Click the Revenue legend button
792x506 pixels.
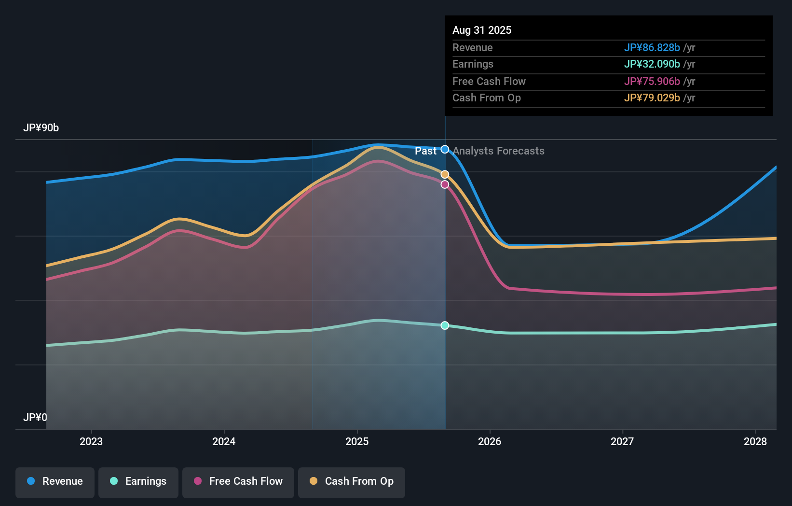click(x=55, y=481)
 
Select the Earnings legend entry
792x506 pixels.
click(x=138, y=481)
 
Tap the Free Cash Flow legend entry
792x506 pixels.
click(x=238, y=481)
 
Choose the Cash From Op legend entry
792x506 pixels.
click(x=352, y=481)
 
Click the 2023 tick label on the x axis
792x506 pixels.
click(x=91, y=441)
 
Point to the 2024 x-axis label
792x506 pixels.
click(x=224, y=441)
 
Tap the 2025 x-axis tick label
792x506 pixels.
click(x=357, y=441)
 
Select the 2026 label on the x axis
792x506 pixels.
click(x=490, y=441)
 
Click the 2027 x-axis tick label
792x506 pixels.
click(x=622, y=441)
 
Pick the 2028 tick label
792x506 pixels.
click(x=755, y=441)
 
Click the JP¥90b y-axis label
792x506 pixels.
click(x=41, y=128)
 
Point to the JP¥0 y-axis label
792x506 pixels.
click(x=35, y=417)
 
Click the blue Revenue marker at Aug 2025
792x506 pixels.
click(x=445, y=150)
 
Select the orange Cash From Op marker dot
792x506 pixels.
click(x=445, y=174)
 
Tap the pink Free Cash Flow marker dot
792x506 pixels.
click(x=445, y=184)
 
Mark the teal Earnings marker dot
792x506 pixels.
click(x=445, y=325)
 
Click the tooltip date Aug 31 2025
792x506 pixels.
click(x=482, y=30)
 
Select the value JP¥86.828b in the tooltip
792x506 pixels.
click(x=652, y=48)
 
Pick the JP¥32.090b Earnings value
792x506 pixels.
click(x=652, y=64)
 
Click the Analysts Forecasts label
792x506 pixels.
click(x=498, y=151)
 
